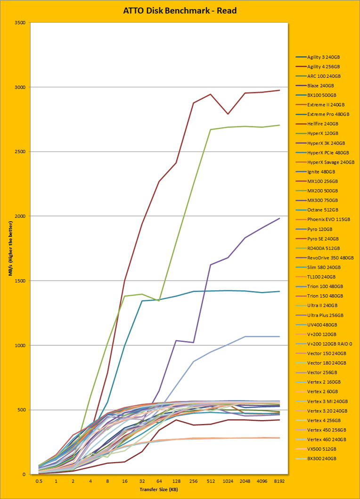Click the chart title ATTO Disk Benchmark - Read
tap(180, 10)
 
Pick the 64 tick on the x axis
tap(159, 482)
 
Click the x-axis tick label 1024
tap(228, 482)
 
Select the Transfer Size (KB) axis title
tap(159, 490)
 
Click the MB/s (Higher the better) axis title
tap(9, 249)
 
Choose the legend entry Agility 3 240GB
tap(323, 57)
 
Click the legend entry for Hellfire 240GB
tap(323, 124)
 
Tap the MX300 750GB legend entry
tap(323, 200)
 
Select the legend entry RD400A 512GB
tap(323, 248)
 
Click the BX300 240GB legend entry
tap(323, 458)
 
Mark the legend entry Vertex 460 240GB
tap(325, 440)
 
